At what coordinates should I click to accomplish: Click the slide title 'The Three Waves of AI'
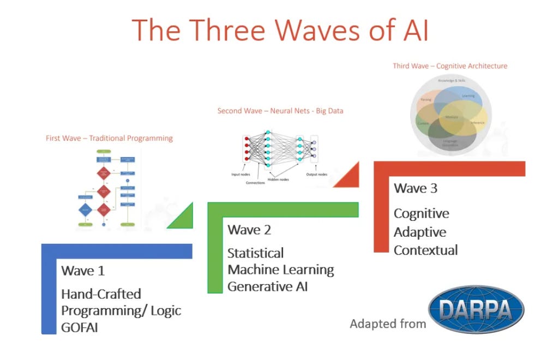280,29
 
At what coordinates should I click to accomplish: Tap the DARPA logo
476,309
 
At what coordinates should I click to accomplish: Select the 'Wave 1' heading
83,271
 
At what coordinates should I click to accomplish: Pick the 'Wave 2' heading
249,230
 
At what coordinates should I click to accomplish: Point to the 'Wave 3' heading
416,189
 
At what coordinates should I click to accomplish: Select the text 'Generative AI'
267,286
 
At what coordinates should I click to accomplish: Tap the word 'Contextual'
425,250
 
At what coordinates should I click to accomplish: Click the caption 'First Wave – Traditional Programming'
109,139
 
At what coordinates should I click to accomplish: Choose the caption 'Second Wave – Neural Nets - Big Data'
280,111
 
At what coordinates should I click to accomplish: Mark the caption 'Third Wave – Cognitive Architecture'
450,66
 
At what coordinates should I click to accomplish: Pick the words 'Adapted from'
388,324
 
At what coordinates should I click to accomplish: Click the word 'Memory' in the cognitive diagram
452,117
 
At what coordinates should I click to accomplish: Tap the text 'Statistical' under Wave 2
255,254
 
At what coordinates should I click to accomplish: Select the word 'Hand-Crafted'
101,294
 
